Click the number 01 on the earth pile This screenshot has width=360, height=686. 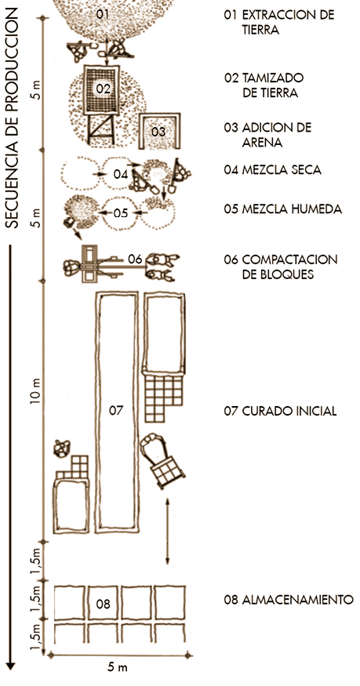pyautogui.click(x=103, y=14)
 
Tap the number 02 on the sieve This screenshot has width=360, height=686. pyautogui.click(x=104, y=89)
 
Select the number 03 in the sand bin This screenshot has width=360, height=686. pyautogui.click(x=158, y=131)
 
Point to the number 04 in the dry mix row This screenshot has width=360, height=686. pyautogui.click(x=120, y=174)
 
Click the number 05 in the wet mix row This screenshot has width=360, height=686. pyautogui.click(x=120, y=213)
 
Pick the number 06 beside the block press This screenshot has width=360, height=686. pyautogui.click(x=135, y=260)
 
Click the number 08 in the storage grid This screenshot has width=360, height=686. pyautogui.click(x=104, y=604)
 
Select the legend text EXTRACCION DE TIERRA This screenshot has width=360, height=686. pyautogui.click(x=279, y=22)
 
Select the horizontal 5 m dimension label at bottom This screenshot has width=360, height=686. pyautogui.click(x=117, y=668)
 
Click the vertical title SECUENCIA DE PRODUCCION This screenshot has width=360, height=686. pyautogui.click(x=13, y=118)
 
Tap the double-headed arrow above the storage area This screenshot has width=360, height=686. pyautogui.click(x=168, y=531)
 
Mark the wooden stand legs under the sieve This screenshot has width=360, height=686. pyautogui.click(x=101, y=129)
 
